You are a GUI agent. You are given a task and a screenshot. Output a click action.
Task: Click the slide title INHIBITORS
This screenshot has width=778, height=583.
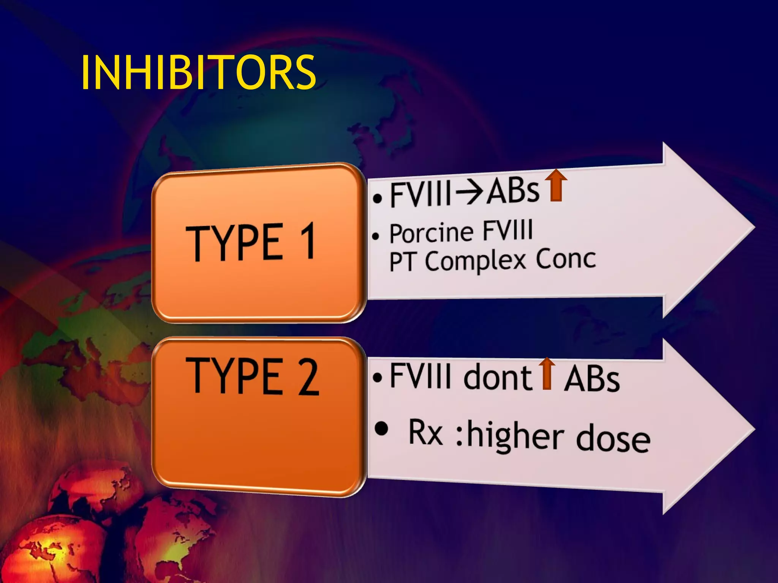point(198,72)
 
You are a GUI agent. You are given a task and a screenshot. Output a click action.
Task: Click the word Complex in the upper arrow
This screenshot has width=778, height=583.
point(475,261)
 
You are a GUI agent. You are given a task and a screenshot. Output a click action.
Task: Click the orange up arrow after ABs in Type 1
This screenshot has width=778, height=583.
point(556,186)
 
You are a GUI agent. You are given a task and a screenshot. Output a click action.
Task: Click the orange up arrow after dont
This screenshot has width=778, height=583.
point(547,373)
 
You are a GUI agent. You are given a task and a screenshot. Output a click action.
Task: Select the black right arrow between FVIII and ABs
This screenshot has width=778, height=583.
point(470,193)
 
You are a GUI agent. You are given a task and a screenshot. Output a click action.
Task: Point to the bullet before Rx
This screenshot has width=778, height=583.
point(381,429)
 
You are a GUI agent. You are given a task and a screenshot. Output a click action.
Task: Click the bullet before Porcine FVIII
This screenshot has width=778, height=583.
point(376,236)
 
